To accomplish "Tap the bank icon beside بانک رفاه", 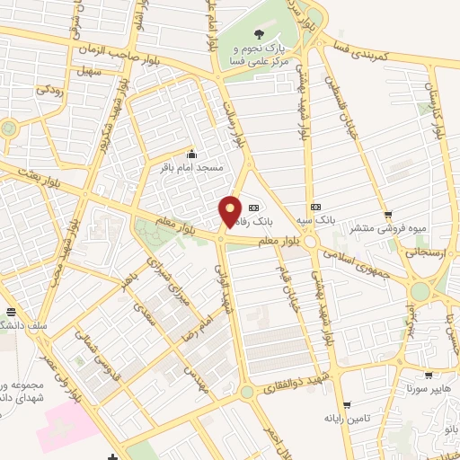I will [x=263, y=205].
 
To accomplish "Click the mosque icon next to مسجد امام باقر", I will [x=190, y=155].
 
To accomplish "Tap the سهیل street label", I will [x=89, y=70].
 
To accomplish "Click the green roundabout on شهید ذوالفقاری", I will [x=246, y=393].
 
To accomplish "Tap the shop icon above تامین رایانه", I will [x=346, y=406].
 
